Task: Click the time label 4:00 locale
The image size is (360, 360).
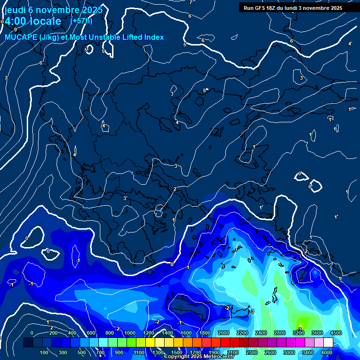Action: (32, 22)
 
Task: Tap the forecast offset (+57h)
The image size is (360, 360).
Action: (81, 21)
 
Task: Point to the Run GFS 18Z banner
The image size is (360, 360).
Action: (293, 7)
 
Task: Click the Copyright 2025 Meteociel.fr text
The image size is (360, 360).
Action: (199, 357)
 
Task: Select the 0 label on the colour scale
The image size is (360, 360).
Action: (32, 333)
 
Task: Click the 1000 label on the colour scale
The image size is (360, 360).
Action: (130, 333)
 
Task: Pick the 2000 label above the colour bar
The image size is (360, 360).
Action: (223, 333)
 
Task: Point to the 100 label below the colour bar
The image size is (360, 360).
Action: (44, 352)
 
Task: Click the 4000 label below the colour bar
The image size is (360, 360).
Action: (327, 352)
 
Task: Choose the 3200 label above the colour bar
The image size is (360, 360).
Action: (299, 333)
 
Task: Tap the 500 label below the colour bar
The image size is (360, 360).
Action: (82, 352)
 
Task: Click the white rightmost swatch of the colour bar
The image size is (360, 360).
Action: (329, 342)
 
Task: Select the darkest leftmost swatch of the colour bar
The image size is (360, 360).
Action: (28, 342)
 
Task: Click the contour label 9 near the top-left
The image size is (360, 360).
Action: (15, 30)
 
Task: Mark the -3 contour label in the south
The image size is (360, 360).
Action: (252, 311)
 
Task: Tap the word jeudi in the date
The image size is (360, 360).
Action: (15, 9)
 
